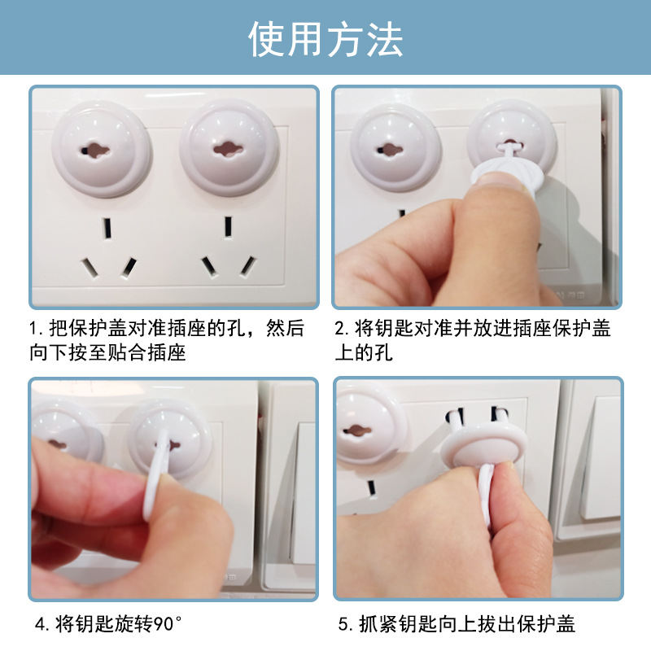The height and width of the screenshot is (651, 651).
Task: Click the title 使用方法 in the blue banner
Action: click(325, 38)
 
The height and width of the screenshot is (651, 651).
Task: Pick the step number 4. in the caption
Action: click(42, 625)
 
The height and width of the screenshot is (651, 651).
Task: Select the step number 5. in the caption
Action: click(344, 625)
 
